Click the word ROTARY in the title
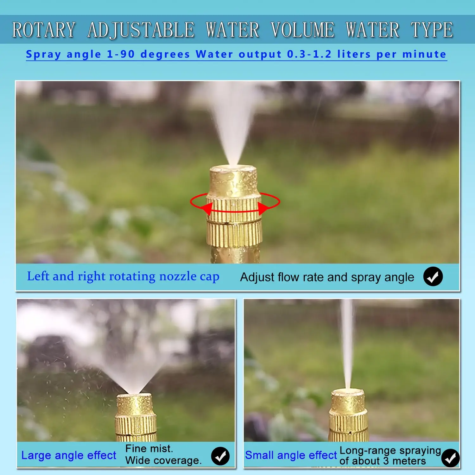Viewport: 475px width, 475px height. click(44, 30)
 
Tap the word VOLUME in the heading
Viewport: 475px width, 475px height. click(302, 30)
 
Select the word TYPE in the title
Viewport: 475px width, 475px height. click(432, 30)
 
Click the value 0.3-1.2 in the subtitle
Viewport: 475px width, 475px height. click(309, 54)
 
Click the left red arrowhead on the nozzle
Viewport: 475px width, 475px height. click(207, 209)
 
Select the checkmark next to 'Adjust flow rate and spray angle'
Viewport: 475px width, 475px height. click(433, 276)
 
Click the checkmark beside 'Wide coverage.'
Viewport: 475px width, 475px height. click(220, 456)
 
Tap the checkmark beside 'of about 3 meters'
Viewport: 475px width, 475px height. click(450, 458)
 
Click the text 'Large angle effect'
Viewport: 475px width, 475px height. click(69, 455)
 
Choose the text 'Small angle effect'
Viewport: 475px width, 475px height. click(291, 455)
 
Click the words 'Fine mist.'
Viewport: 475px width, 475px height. click(149, 448)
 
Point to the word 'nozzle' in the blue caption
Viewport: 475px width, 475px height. click(178, 276)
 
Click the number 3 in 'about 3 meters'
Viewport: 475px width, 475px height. click(386, 461)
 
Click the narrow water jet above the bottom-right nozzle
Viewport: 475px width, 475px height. click(348, 345)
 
